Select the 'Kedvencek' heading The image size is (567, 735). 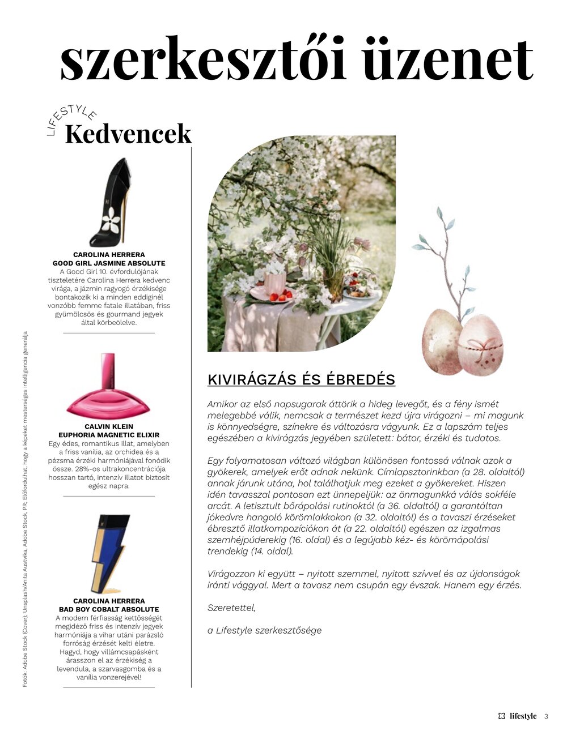click(x=128, y=134)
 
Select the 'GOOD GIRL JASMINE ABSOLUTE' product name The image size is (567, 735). click(x=109, y=263)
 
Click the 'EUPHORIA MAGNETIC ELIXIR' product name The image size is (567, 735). click(x=109, y=435)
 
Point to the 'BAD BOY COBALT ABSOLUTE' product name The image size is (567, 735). click(x=109, y=609)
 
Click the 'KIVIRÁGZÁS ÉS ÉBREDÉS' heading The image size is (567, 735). click(x=301, y=379)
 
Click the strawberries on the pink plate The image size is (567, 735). click(x=280, y=296)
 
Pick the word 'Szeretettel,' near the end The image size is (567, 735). click(x=231, y=608)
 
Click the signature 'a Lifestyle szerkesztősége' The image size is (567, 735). click(x=264, y=630)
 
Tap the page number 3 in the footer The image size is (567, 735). click(x=546, y=716)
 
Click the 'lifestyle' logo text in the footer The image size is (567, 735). click(x=522, y=716)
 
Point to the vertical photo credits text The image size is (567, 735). click(x=25, y=510)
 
